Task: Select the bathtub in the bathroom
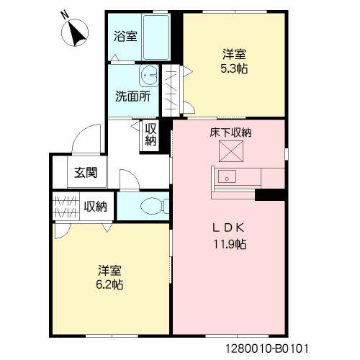(x=156, y=37)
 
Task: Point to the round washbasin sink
(x=150, y=76)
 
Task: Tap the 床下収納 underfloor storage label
(x=230, y=133)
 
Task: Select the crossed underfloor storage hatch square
(x=232, y=153)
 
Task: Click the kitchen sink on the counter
(x=228, y=176)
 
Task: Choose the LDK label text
(x=230, y=228)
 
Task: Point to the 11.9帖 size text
(x=231, y=244)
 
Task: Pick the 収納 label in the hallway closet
(x=150, y=135)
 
